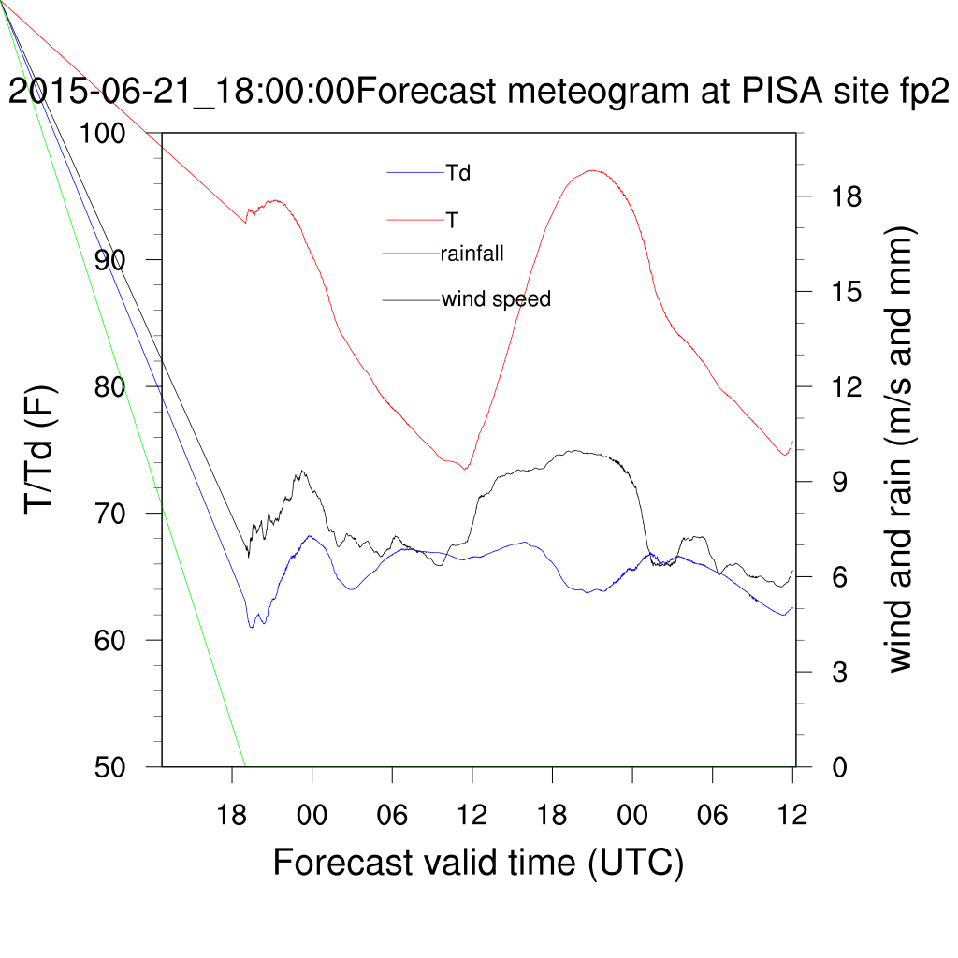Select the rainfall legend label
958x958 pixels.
[472, 252]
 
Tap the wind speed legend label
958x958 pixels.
[496, 299]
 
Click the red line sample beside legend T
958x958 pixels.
[415, 220]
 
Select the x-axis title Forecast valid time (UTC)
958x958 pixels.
[478, 862]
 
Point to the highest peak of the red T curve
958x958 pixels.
[591, 170]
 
